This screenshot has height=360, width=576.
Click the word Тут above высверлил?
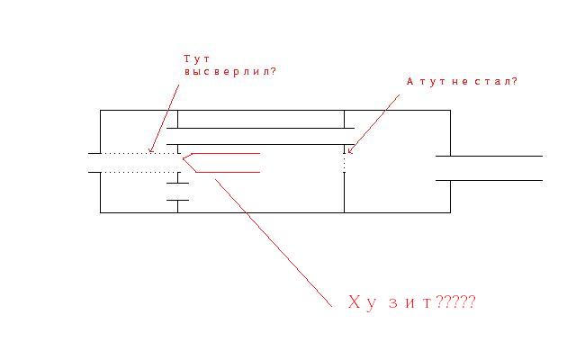pyautogui.click(x=196, y=58)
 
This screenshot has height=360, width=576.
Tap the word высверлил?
pyautogui.click(x=230, y=72)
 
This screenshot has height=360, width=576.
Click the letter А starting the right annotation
pyautogui.click(x=410, y=82)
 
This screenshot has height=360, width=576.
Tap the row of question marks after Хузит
pyautogui.click(x=455, y=302)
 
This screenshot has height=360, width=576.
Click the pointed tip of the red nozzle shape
pyautogui.click(x=183, y=158)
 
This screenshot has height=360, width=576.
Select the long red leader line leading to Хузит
pyautogui.click(x=274, y=243)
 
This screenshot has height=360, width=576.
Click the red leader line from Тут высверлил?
pyautogui.click(x=165, y=118)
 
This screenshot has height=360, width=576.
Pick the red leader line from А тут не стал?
pyautogui.click(x=374, y=122)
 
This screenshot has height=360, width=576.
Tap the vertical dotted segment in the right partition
pyautogui.click(x=344, y=162)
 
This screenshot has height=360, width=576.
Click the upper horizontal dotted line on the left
pyautogui.click(x=139, y=153)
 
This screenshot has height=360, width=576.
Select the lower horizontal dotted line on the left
pyautogui.click(x=139, y=172)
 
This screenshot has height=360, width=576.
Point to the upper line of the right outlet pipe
pyautogui.click(x=489, y=156)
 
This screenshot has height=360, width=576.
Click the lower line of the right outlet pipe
pyautogui.click(x=489, y=180)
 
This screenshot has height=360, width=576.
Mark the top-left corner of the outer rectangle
pyautogui.click(x=100, y=110)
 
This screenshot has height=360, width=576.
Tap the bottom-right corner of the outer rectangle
pyautogui.click(x=450, y=212)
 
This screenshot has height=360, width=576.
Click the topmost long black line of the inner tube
pyautogui.click(x=260, y=128)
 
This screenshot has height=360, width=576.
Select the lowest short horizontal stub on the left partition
pyautogui.click(x=178, y=200)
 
